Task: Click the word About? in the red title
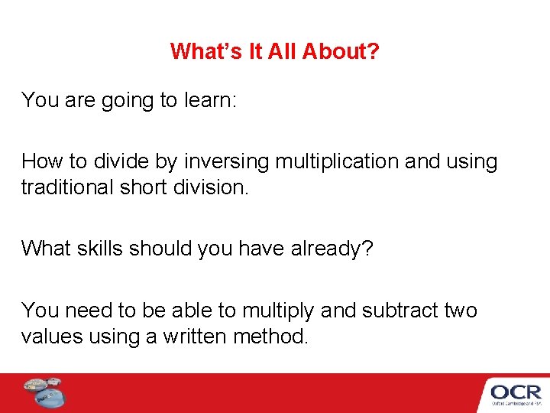(341, 51)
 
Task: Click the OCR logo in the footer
(515, 393)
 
